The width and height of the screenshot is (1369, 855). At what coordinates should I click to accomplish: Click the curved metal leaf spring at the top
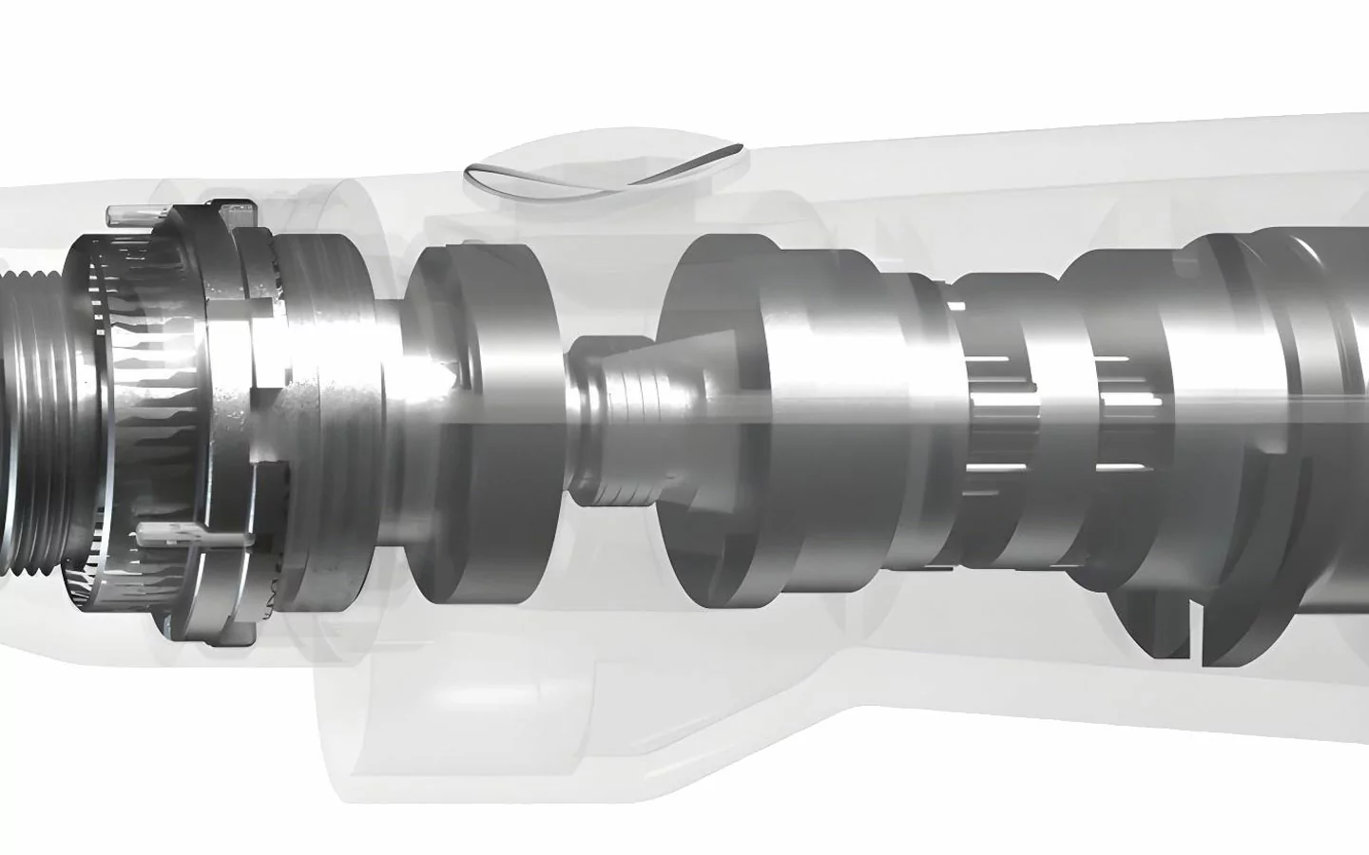click(x=604, y=175)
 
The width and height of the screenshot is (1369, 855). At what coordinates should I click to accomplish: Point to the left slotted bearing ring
click(x=989, y=418)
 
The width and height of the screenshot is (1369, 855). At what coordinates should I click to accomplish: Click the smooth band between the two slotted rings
click(x=1055, y=418)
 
